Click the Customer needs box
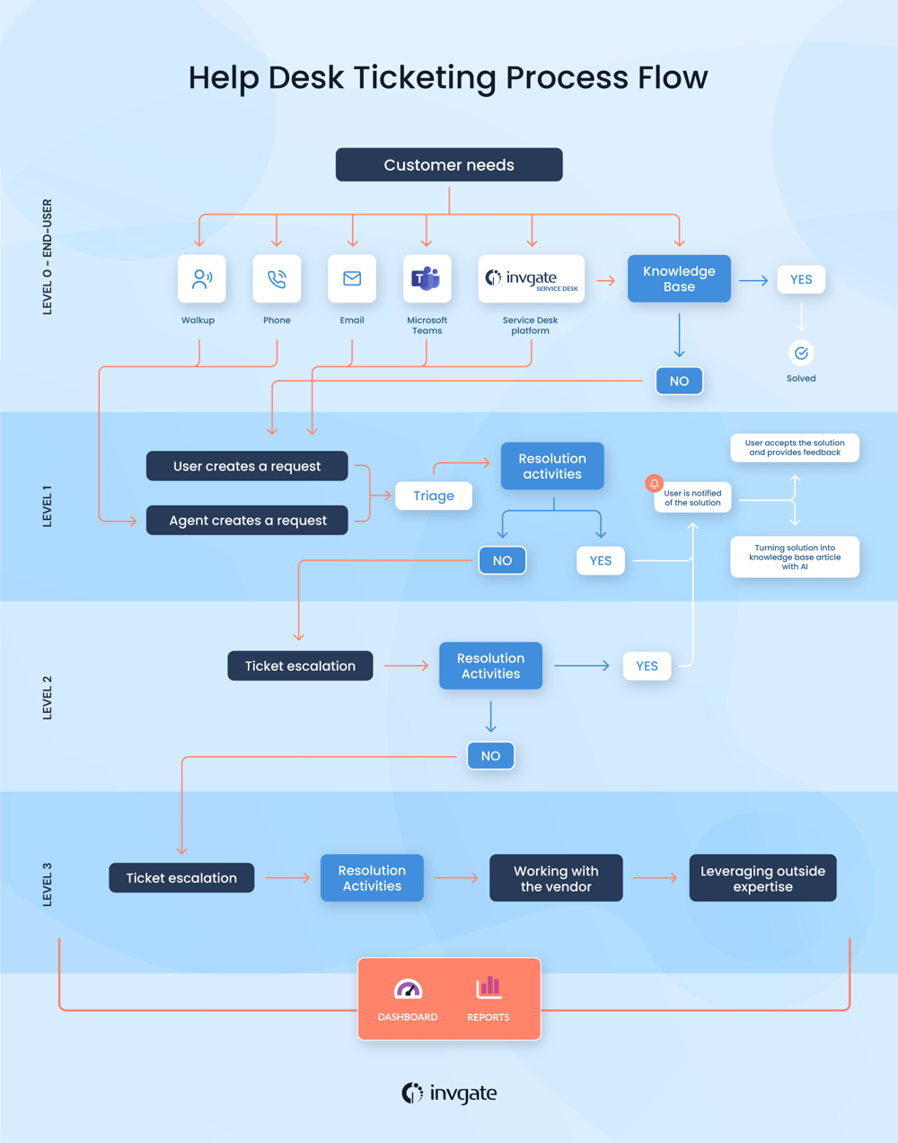click(x=449, y=165)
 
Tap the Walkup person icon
click(x=201, y=279)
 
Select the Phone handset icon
click(x=277, y=279)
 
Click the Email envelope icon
click(x=352, y=279)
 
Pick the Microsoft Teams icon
click(x=427, y=279)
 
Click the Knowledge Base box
click(x=679, y=278)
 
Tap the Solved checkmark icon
click(x=801, y=353)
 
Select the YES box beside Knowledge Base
click(x=801, y=279)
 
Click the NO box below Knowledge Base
click(x=679, y=381)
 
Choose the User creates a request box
click(x=247, y=466)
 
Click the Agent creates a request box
click(x=247, y=521)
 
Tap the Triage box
click(x=434, y=496)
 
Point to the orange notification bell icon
click(x=655, y=484)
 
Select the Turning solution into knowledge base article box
click(x=795, y=557)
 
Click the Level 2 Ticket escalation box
click(x=300, y=666)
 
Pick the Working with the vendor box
click(x=556, y=878)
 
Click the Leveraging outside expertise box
click(x=762, y=878)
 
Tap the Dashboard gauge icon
click(x=408, y=989)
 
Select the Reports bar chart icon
click(x=489, y=988)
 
